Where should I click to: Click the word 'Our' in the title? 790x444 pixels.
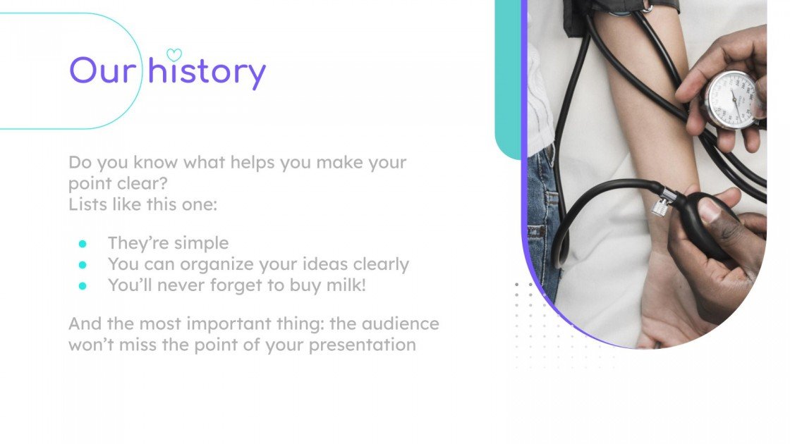pyautogui.click(x=102, y=71)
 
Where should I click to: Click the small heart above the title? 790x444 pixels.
pyautogui.click(x=174, y=54)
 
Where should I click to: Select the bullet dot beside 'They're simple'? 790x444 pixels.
pyautogui.click(x=83, y=244)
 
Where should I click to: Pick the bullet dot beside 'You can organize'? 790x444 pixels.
pyautogui.click(x=83, y=265)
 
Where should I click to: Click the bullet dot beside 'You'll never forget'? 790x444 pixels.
pyautogui.click(x=83, y=286)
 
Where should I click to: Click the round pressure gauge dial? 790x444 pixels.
pyautogui.click(x=731, y=99)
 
